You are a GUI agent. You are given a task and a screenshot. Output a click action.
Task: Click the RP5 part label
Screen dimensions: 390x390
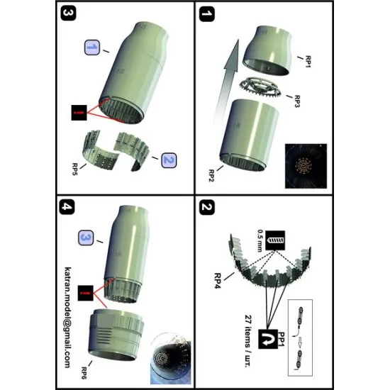(74, 168)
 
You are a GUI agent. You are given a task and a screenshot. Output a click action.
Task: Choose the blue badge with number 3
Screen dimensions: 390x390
(88, 235)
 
